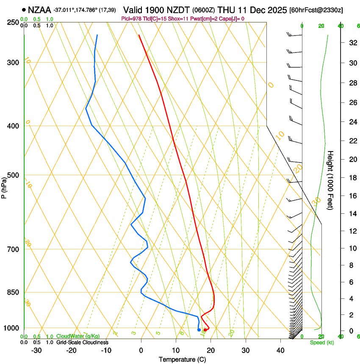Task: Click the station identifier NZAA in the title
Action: (39, 9)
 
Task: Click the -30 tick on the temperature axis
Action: (36, 350)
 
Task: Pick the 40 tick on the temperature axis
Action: (280, 350)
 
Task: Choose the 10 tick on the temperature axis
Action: (176, 350)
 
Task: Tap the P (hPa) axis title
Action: (4, 187)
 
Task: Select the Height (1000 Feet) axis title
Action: (331, 180)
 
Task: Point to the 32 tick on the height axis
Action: (351, 43)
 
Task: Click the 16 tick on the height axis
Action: (351, 196)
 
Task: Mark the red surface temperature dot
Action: (205, 330)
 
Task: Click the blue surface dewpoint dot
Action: (199, 330)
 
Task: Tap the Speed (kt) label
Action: (322, 342)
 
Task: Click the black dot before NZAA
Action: (24, 9)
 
